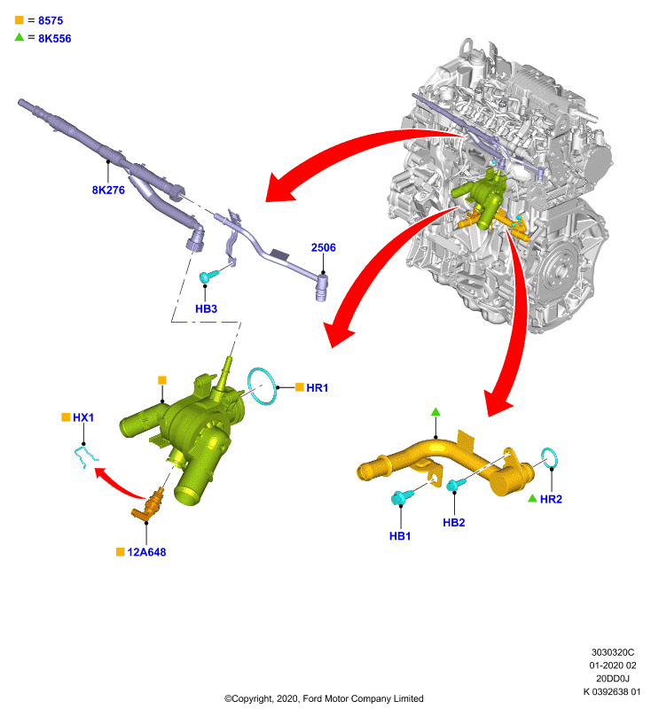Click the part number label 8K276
click(x=108, y=190)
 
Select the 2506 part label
click(x=324, y=247)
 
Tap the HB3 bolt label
click(x=206, y=308)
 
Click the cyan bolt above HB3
click(x=208, y=276)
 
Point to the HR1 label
click(x=317, y=387)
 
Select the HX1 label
click(x=83, y=417)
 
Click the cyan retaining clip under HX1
click(x=85, y=456)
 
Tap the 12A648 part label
click(x=146, y=552)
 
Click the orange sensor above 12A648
click(x=148, y=504)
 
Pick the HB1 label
click(x=400, y=536)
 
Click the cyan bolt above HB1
click(x=400, y=497)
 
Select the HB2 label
click(x=454, y=522)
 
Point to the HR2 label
click(x=551, y=499)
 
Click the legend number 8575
click(x=51, y=20)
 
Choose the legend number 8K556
click(x=55, y=38)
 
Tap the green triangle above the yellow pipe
click(x=435, y=411)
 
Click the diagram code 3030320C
click(x=613, y=652)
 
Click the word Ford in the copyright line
click(x=312, y=698)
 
